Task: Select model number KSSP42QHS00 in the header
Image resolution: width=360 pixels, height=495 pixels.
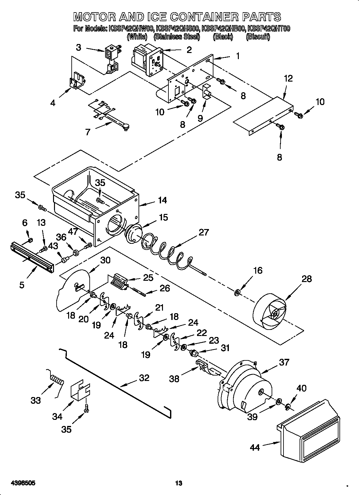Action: point(177,29)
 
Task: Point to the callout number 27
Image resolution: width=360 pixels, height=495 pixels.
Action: point(204,232)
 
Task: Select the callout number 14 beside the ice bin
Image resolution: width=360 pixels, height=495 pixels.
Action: point(162,200)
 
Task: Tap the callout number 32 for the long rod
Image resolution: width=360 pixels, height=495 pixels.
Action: point(144,378)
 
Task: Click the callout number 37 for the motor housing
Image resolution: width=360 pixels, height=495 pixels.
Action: point(284,362)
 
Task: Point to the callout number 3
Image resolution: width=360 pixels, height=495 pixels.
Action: point(79,47)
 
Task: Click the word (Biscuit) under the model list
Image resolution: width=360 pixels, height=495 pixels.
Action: point(257,37)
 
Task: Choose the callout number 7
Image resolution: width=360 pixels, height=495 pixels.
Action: point(88,132)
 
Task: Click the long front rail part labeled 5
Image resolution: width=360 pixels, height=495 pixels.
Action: point(31,257)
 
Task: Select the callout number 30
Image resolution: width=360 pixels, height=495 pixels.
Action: point(105,260)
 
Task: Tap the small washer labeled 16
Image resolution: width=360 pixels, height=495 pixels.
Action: point(237,293)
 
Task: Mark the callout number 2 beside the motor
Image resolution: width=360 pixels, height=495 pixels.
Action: point(189,49)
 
